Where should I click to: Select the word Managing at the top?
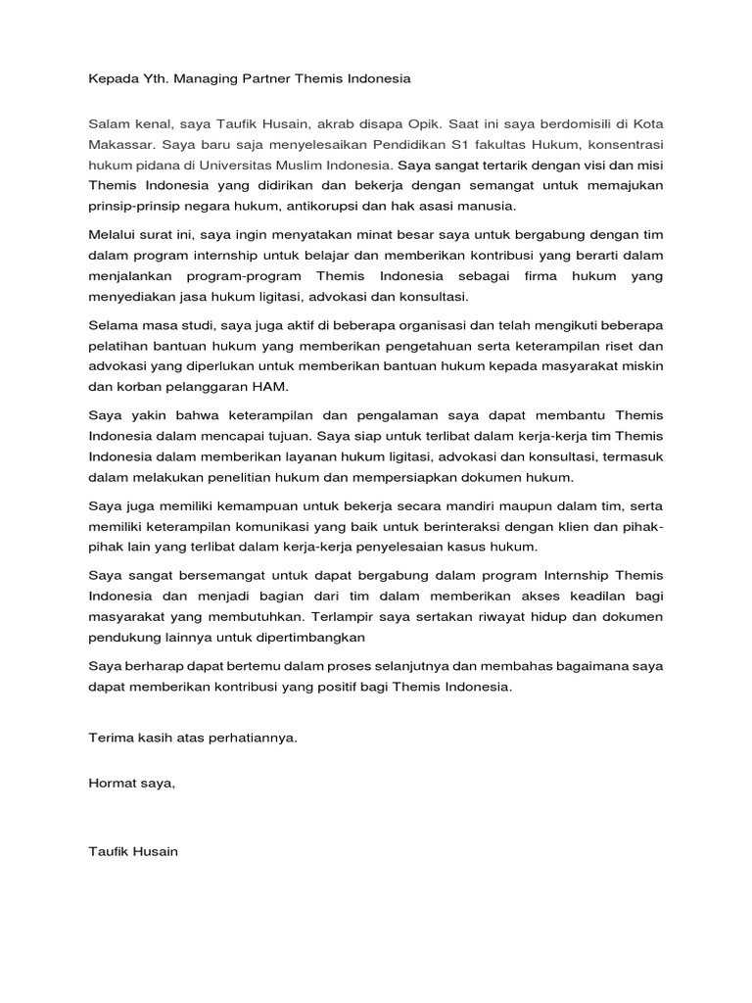tap(211, 77)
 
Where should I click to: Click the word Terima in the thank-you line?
tap(110, 738)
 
